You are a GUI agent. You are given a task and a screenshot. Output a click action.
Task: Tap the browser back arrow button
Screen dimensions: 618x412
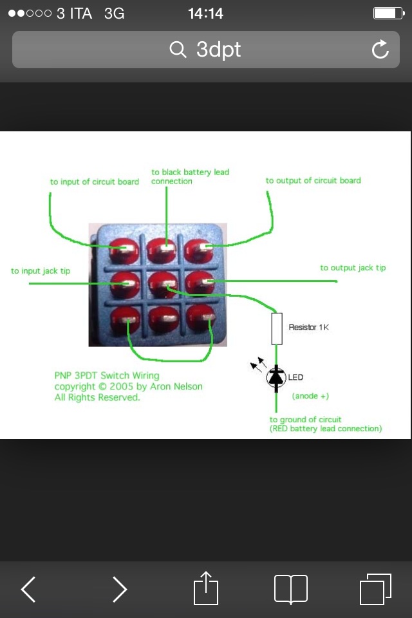coord(28,589)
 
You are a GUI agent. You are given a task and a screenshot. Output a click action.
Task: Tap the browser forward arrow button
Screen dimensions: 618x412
coord(120,589)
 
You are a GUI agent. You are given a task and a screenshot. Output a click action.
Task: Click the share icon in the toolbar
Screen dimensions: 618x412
coord(206,588)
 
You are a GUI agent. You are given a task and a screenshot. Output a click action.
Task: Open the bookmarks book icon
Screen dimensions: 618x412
coord(291,589)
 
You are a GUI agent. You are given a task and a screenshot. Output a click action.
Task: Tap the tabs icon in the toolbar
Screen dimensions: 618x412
coord(375,589)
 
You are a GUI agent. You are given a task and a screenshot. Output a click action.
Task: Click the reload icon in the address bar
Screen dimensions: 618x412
coord(380,50)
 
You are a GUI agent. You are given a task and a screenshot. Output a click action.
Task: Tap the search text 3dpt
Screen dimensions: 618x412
coord(218,50)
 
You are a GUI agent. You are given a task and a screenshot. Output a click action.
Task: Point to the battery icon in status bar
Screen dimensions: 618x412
coord(388,14)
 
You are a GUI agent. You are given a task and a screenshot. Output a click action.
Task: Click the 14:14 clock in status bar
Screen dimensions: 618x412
coord(205,14)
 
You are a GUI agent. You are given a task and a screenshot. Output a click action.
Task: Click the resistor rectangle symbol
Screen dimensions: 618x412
coord(277,329)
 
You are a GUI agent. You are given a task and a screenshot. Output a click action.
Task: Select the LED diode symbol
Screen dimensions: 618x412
coord(277,377)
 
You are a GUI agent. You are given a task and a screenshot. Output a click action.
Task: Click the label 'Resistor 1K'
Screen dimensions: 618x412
coord(308,328)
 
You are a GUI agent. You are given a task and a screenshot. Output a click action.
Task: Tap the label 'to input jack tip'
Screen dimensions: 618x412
coord(41,271)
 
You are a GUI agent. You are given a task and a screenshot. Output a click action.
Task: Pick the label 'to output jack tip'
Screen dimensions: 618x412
coord(353,268)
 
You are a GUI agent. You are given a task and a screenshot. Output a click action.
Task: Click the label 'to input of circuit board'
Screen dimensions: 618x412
coord(95,182)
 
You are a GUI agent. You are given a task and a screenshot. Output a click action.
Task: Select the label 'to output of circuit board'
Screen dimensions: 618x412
coord(313,181)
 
